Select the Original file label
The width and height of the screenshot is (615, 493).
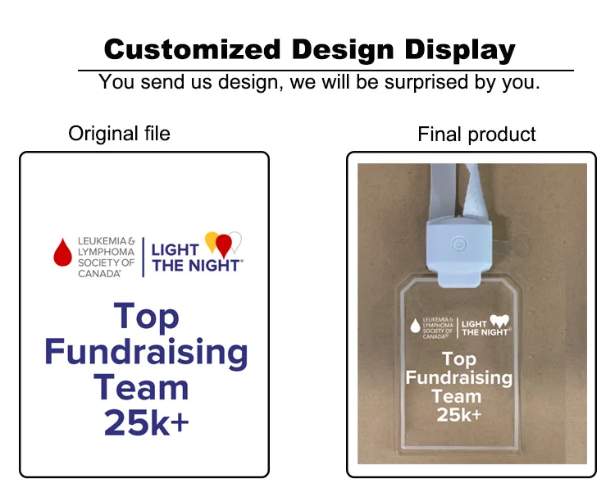pyautogui.click(x=119, y=133)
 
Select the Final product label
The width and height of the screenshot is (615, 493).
pyautogui.click(x=476, y=135)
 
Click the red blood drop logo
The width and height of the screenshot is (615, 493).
pyautogui.click(x=63, y=252)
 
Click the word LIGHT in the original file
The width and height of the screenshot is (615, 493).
pyautogui.click(x=175, y=250)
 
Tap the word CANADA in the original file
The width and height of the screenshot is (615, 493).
pyautogui.click(x=99, y=273)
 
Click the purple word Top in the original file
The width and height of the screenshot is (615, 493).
pyautogui.click(x=146, y=316)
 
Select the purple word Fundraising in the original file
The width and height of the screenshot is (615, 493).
pyautogui.click(x=146, y=352)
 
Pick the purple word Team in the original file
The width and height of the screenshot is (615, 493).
pyautogui.click(x=141, y=387)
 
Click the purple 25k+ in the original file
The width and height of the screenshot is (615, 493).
pyautogui.click(x=146, y=422)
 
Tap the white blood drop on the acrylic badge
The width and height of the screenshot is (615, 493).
pyautogui.click(x=415, y=326)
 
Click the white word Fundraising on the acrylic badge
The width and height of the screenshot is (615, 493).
pyautogui.click(x=458, y=378)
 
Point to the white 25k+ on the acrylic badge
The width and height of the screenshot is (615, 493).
pyautogui.click(x=458, y=415)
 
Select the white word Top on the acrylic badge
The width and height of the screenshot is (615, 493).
pyautogui.click(x=459, y=359)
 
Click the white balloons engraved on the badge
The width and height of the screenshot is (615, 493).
pyautogui.click(x=499, y=320)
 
